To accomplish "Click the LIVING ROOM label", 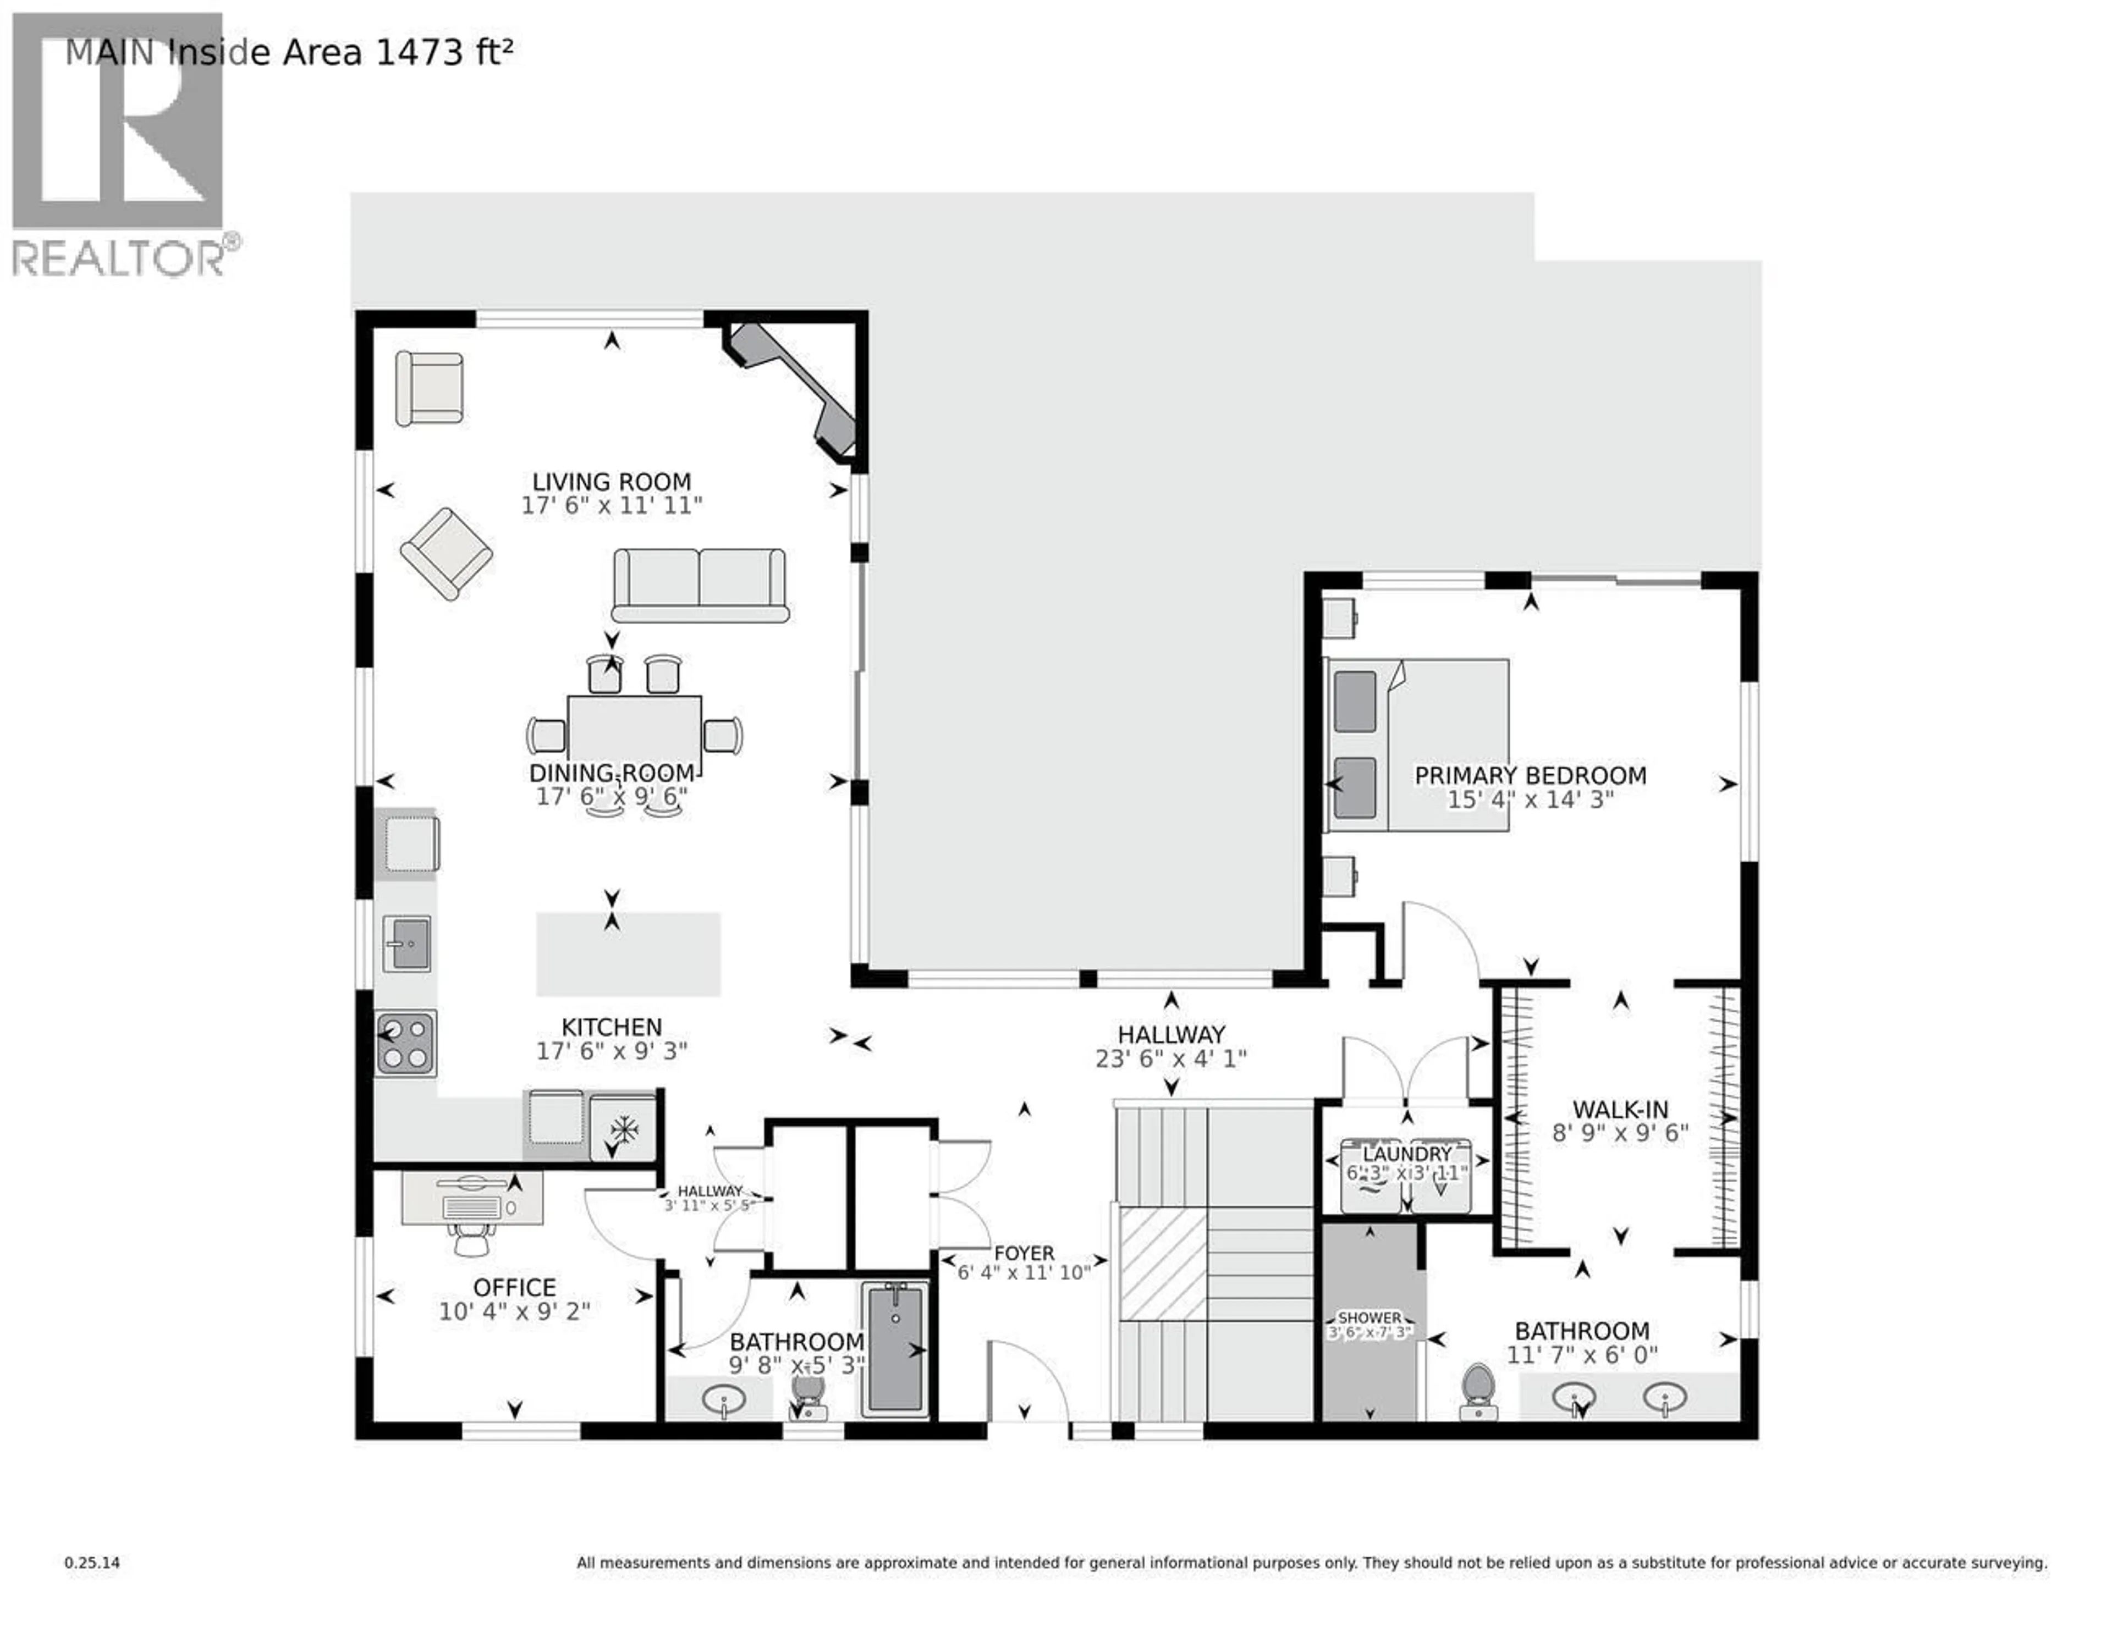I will (x=611, y=482).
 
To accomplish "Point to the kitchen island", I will (x=629, y=953).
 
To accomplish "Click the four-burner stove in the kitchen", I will (x=406, y=1043).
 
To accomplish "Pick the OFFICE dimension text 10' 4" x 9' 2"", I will (x=514, y=1312).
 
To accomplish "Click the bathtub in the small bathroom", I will (x=895, y=1349).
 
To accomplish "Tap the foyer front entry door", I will (x=1027, y=1382).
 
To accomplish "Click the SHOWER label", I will (x=1369, y=1318).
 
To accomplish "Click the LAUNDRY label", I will (x=1407, y=1154).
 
